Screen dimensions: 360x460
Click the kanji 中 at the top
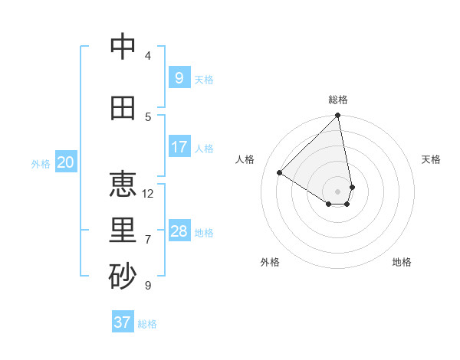pos(123,47)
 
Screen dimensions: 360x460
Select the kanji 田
pos(123,109)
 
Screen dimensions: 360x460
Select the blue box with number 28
pos(179,231)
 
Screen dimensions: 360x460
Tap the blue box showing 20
pos(66,162)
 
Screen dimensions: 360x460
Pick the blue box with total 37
pos(123,322)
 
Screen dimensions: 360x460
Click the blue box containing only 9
pos(179,77)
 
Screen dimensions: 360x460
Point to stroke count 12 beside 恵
pos(148,194)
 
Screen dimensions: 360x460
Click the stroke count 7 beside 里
pos(148,240)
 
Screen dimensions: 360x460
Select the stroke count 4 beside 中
pos(148,56)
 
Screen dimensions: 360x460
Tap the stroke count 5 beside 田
pos(148,117)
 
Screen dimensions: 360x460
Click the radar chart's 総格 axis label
pos(338,100)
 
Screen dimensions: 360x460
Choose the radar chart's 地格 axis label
pos(402,262)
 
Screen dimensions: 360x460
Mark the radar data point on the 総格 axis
pos(338,116)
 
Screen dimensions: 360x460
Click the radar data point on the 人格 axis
pos(280,173)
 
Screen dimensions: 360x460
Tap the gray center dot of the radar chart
pos(338,191)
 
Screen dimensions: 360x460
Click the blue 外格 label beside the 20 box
pos(41,164)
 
